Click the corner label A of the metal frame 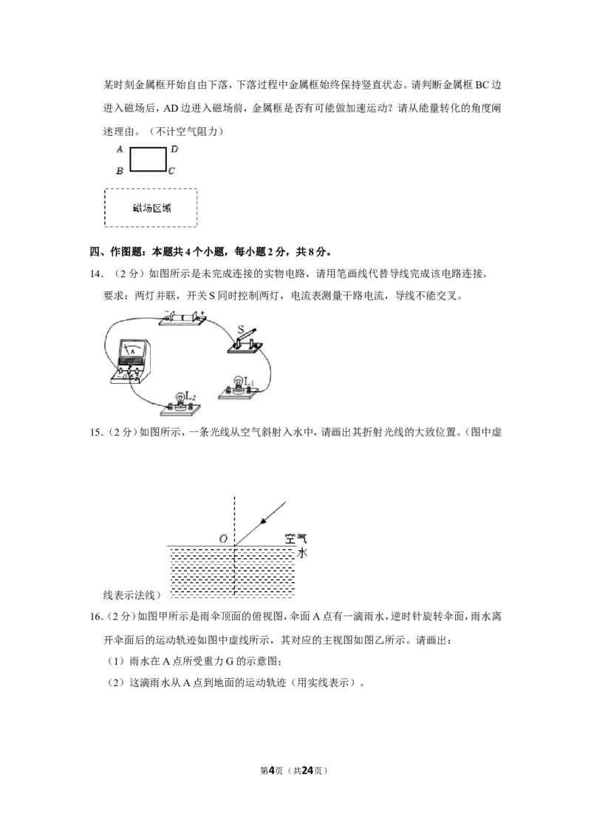[x=120, y=149]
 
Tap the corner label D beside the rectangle [x=174, y=149]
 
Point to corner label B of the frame [x=120, y=171]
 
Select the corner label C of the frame [x=171, y=171]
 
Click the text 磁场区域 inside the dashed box [x=152, y=209]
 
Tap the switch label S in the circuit [x=241, y=329]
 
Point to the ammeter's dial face [x=132, y=350]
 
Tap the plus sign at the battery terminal [x=202, y=312]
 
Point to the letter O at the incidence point [x=224, y=538]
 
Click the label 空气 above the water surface [x=295, y=538]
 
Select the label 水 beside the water [x=302, y=553]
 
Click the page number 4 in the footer [x=271, y=770]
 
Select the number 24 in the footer [x=307, y=770]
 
